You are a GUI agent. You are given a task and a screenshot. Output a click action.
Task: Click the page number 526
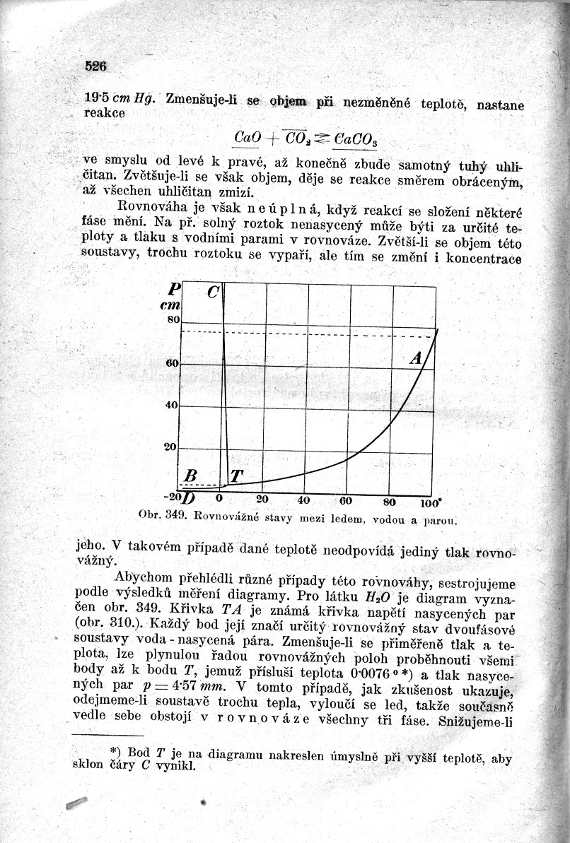pos(95,66)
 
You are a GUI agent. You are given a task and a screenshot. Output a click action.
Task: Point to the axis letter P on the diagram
pos(174,289)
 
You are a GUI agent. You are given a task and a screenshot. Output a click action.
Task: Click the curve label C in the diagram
pos(214,292)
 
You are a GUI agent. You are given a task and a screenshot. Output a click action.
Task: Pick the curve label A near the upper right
pos(416,358)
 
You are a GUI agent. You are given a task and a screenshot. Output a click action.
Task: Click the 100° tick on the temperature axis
pos(430,503)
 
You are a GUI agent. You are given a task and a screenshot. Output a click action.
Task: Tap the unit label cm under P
pos(173,305)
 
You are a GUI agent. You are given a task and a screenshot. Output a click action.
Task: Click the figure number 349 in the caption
pos(174,514)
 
